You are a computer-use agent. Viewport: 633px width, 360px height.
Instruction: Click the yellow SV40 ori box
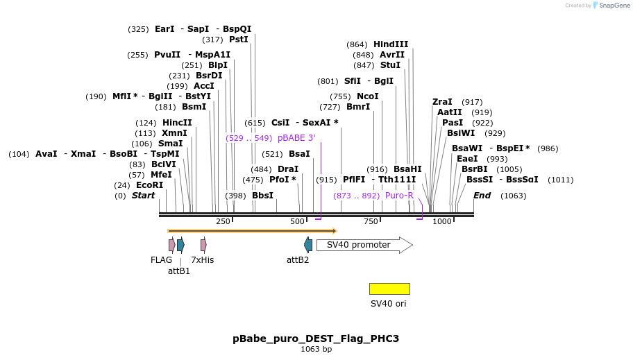(x=389, y=289)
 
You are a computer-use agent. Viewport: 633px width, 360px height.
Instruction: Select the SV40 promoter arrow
(x=364, y=245)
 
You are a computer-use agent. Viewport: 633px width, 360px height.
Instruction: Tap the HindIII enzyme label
(x=391, y=44)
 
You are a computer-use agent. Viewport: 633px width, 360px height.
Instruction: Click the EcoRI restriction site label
(x=149, y=185)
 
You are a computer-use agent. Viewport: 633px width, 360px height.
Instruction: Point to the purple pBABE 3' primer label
(x=296, y=138)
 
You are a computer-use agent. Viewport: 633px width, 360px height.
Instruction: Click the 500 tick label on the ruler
(x=297, y=221)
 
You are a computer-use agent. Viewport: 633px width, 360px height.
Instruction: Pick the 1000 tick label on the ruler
(x=442, y=221)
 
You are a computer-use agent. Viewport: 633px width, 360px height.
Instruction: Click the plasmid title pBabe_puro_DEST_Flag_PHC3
(x=316, y=338)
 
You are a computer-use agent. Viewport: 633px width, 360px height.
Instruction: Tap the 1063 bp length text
(x=316, y=350)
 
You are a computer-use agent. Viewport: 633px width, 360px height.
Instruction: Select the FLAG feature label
(x=161, y=260)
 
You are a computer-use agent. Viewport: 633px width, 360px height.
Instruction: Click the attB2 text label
(x=298, y=260)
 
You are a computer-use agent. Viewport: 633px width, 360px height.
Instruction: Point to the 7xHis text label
(x=203, y=260)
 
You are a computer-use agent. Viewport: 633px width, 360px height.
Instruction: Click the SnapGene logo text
(x=614, y=6)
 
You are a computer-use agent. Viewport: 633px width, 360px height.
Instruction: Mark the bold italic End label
(x=482, y=196)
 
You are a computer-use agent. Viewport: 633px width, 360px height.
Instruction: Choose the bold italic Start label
(x=143, y=196)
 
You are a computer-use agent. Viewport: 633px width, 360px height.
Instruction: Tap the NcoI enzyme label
(x=367, y=96)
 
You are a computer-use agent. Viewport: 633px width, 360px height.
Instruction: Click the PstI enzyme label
(x=238, y=40)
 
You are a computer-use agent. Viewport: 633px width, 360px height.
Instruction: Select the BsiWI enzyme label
(x=461, y=133)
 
